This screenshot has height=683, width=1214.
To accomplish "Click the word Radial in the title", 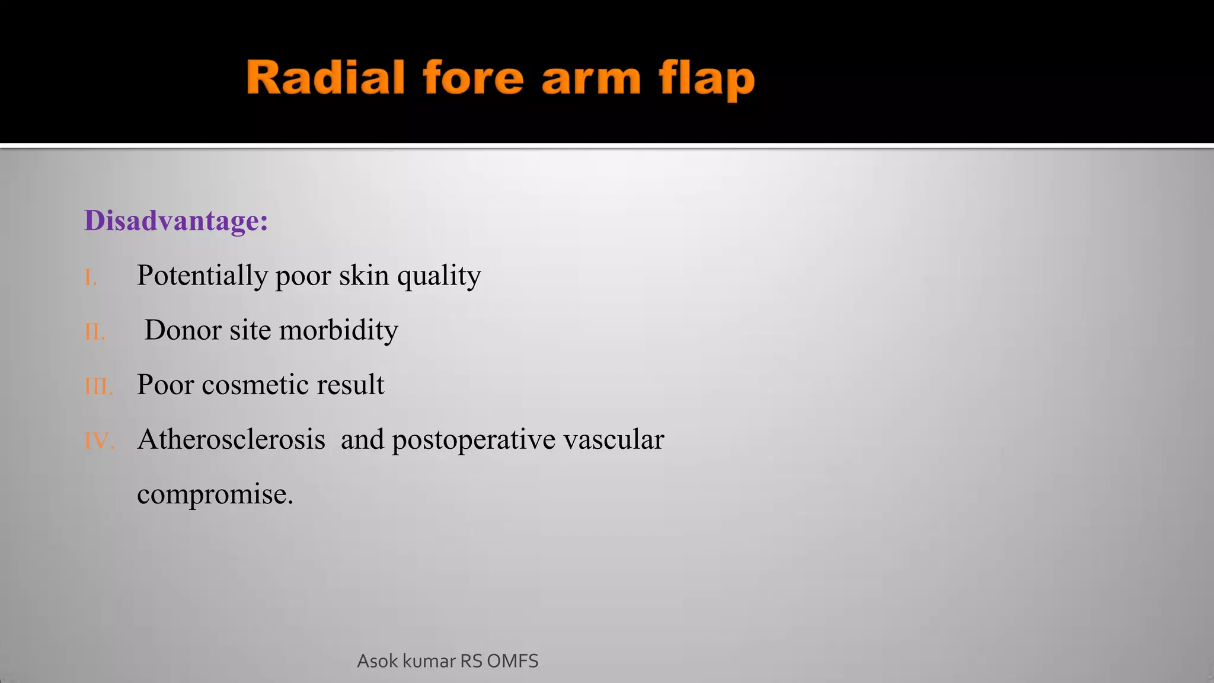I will point(325,78).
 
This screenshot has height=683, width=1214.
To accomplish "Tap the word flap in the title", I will point(707,79).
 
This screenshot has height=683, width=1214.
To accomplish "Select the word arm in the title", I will point(591,80).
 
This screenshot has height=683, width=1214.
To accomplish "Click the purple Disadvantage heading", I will point(176,221).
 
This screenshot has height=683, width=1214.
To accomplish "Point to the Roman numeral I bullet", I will point(90,277).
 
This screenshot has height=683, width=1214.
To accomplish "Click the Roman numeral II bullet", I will point(95,332).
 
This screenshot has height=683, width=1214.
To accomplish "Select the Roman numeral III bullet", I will point(98,387).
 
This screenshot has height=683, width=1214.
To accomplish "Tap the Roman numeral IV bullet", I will point(98,441).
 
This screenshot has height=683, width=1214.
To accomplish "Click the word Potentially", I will point(202,276).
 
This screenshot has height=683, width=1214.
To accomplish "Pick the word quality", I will point(439,276).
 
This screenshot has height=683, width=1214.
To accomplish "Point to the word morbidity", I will point(338,330).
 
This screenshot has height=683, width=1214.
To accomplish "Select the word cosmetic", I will point(255,385).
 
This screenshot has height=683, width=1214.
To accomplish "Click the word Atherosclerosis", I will point(231,440).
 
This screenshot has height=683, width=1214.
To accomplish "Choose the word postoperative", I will point(474,440).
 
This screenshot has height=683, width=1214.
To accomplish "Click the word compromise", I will point(214,494).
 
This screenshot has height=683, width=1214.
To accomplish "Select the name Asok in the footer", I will point(377,661).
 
